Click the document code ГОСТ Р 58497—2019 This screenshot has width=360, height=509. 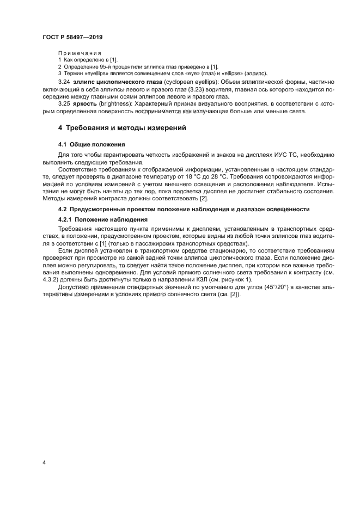tap(72, 37)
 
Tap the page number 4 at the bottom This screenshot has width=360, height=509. tap(44, 462)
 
